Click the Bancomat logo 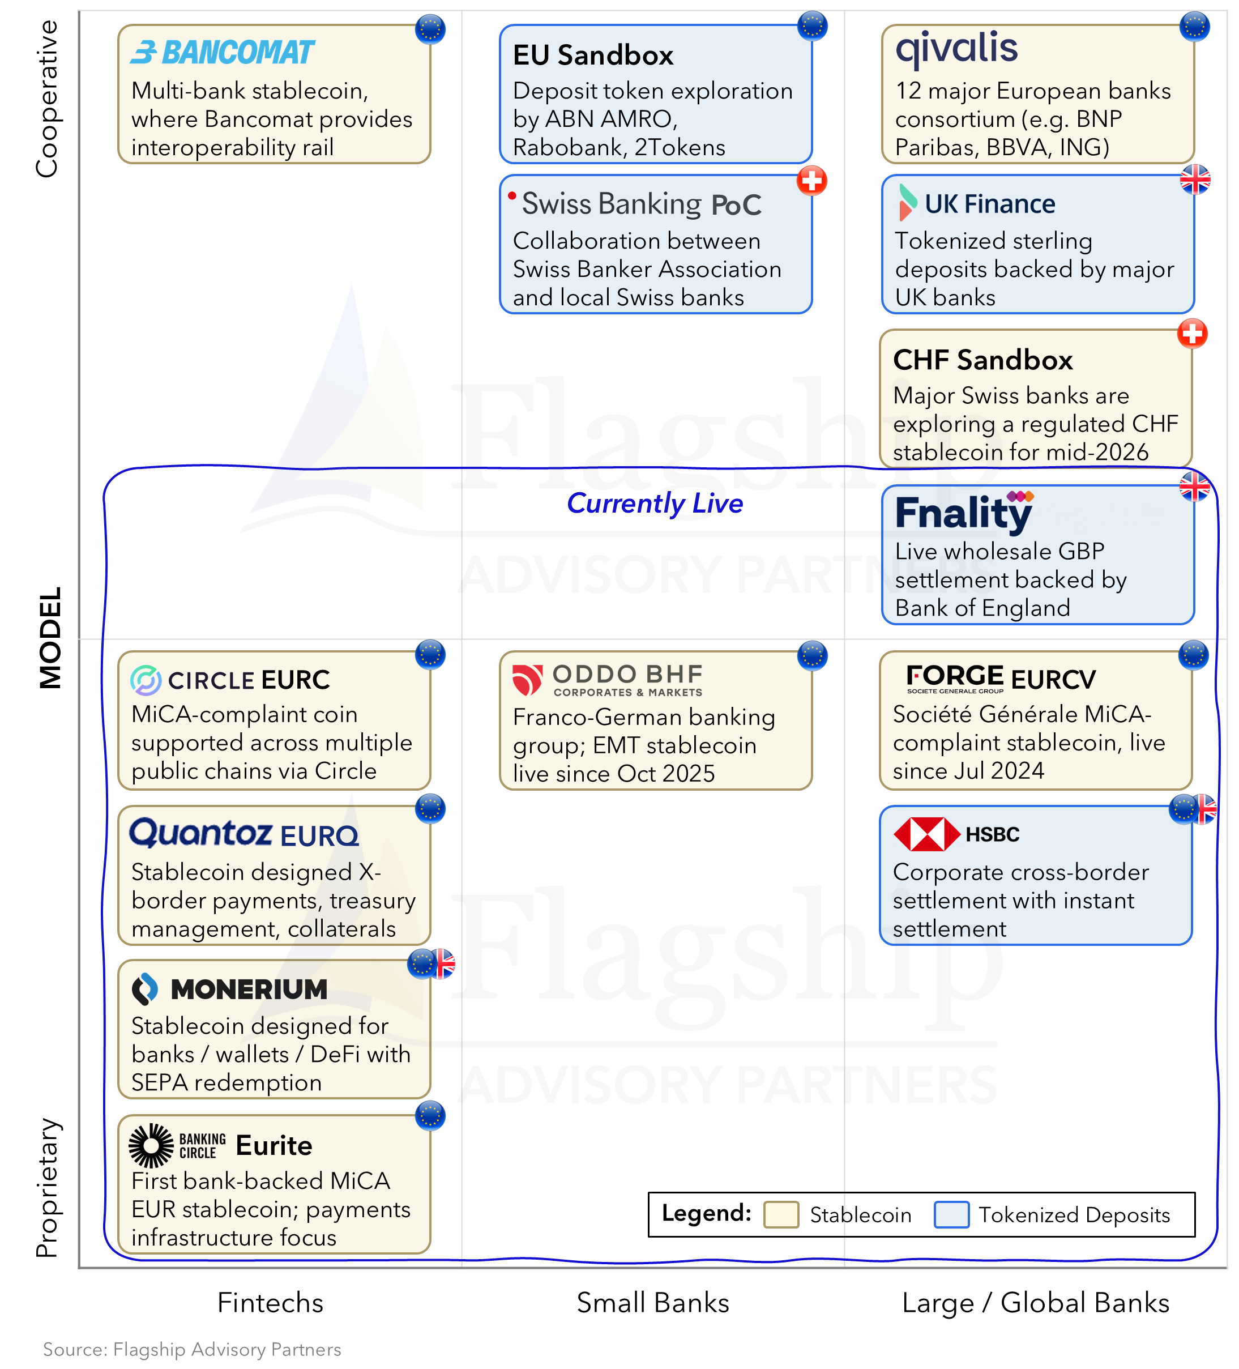[x=222, y=52]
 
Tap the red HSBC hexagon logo [x=927, y=834]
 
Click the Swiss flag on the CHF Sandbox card [x=1192, y=334]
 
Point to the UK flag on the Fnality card [x=1194, y=486]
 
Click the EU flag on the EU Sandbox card [x=813, y=27]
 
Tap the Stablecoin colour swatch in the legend [x=781, y=1215]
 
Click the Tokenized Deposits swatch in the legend [x=951, y=1215]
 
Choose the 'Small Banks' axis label [x=652, y=1303]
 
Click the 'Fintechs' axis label [x=270, y=1303]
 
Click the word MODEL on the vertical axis [x=50, y=638]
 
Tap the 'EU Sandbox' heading [x=593, y=56]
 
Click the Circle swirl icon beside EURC [x=146, y=680]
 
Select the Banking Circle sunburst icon [x=151, y=1146]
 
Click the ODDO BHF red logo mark [x=527, y=680]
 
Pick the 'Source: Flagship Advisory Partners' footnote [x=192, y=1349]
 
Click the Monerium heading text [x=249, y=990]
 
